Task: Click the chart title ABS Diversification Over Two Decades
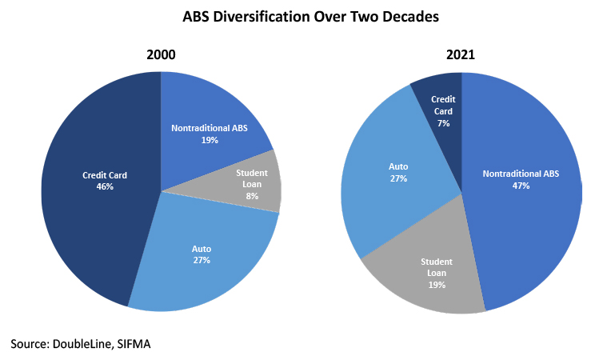click(x=310, y=17)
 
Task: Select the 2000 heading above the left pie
click(x=161, y=54)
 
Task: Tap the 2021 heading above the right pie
click(x=461, y=54)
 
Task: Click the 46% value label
click(x=105, y=186)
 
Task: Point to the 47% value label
click(x=521, y=186)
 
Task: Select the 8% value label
click(x=252, y=196)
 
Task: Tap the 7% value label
click(x=443, y=123)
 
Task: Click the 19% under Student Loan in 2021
click(x=437, y=285)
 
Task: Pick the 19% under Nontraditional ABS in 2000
click(x=210, y=140)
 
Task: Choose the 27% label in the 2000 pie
click(x=202, y=260)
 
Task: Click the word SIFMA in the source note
click(x=134, y=344)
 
